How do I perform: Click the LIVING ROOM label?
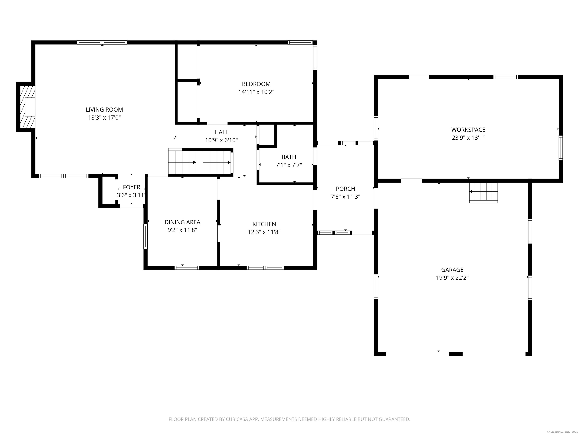(x=104, y=110)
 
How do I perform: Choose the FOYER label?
(x=132, y=187)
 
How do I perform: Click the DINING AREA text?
(x=182, y=222)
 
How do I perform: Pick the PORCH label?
(x=345, y=189)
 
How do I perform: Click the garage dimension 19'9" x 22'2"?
(x=452, y=278)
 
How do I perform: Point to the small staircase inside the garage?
(x=483, y=193)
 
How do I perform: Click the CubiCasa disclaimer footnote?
(x=289, y=419)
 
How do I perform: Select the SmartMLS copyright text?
(x=562, y=432)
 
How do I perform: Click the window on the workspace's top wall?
(x=506, y=77)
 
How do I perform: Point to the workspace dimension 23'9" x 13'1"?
(x=468, y=138)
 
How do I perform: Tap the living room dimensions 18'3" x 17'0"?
(x=104, y=118)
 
